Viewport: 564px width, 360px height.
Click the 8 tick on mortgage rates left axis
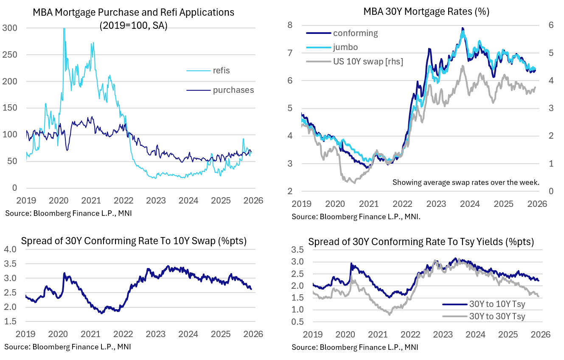tap(302, 25)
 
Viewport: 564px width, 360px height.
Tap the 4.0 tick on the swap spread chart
tap(10, 250)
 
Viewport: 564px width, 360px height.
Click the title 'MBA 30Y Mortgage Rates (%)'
tap(426, 11)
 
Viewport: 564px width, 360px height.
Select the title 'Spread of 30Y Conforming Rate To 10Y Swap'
tap(134, 241)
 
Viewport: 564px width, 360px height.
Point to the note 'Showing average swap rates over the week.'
tap(466, 182)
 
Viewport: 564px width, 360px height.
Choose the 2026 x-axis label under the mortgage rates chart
tap(537, 203)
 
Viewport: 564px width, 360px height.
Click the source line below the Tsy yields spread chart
tap(355, 347)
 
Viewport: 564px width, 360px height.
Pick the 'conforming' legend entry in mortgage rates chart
tap(355, 33)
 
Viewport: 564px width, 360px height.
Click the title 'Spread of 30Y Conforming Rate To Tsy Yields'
tap(421, 242)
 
